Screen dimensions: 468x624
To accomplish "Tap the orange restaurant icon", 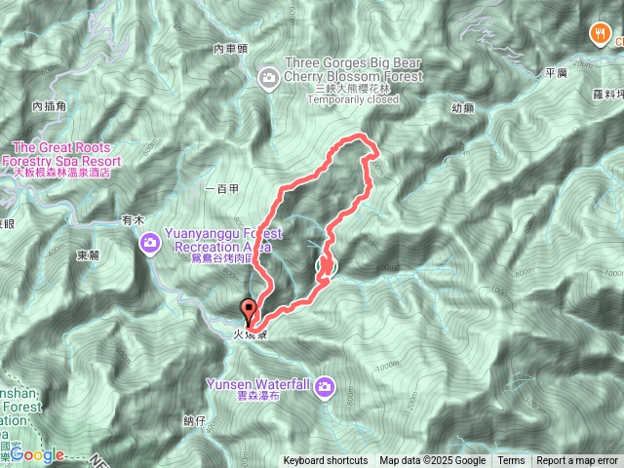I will click(x=598, y=34).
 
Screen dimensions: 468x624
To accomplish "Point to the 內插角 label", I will click(x=48, y=105).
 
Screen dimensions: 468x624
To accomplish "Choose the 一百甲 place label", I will click(x=223, y=188).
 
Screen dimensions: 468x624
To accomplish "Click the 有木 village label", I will click(x=133, y=220).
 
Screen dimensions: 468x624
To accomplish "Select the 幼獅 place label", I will click(x=464, y=108).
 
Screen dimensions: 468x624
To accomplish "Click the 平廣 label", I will click(x=557, y=72).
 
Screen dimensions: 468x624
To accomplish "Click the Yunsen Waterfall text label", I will click(x=257, y=385).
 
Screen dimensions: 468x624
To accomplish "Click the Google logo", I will click(x=37, y=454).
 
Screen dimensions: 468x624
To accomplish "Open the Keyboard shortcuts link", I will click(x=326, y=461).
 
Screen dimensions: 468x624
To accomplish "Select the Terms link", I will click(x=511, y=461).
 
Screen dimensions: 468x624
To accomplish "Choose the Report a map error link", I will click(x=578, y=461).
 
